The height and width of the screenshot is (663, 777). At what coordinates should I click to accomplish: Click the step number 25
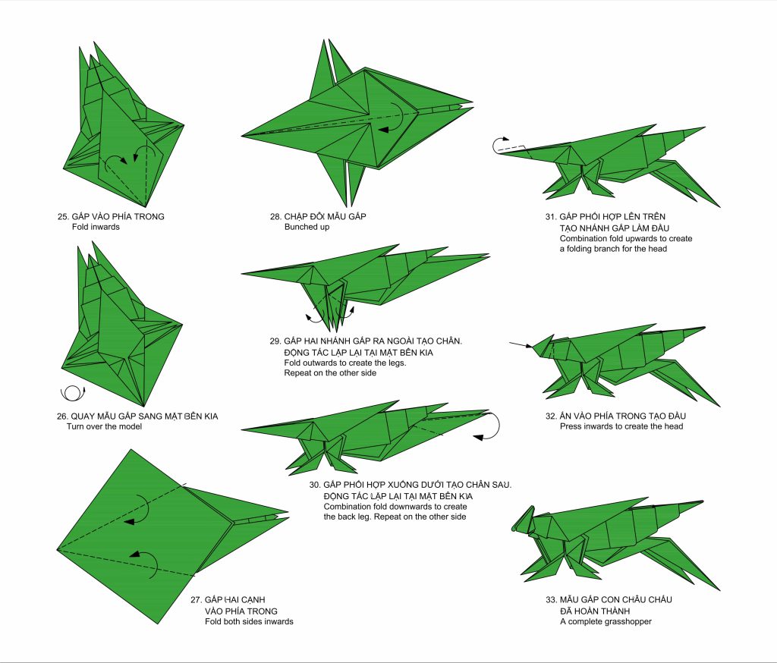[x=62, y=216]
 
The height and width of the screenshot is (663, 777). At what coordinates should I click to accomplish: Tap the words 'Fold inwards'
[x=96, y=227]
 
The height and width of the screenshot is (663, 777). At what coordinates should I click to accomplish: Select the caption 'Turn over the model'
[x=104, y=426]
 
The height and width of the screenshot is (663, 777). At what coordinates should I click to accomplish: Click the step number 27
[x=197, y=599]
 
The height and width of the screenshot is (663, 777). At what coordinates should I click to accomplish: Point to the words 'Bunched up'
[x=307, y=227]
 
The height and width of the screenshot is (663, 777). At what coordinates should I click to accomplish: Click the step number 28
[x=275, y=216]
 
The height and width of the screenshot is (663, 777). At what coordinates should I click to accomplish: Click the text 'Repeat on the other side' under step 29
[x=330, y=373]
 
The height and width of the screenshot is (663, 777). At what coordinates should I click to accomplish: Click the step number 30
[x=315, y=485]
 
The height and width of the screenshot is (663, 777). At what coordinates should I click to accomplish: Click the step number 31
[x=551, y=216]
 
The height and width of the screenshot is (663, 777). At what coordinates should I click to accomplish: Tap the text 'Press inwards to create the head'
[x=621, y=426]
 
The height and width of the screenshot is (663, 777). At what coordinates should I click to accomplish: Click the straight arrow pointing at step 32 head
[x=521, y=345]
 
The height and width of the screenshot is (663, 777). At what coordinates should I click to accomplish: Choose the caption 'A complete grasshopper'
[x=606, y=621]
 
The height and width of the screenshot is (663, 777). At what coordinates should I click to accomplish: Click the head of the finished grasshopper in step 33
[x=527, y=520]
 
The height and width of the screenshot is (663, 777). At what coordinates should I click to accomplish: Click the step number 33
[x=551, y=599]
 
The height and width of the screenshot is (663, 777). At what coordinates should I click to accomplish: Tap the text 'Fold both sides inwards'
[x=249, y=621]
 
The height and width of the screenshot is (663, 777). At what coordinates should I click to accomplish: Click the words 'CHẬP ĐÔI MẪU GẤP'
[x=325, y=216]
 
